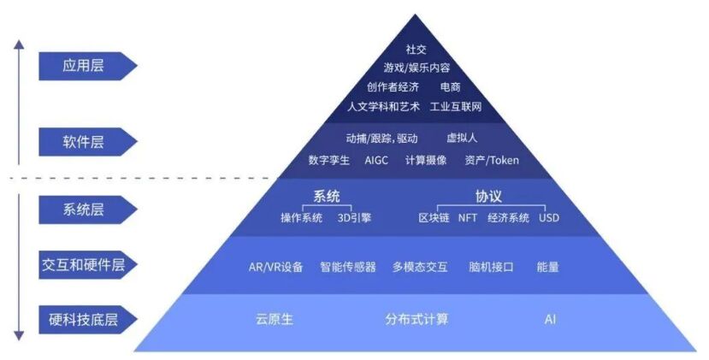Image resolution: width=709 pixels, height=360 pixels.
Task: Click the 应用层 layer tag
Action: pos(84,66)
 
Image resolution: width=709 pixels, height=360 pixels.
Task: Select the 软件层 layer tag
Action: pos(84,141)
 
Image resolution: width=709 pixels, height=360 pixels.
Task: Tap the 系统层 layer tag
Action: pos(84,208)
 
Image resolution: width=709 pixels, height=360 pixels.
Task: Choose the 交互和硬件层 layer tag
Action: pos(84,264)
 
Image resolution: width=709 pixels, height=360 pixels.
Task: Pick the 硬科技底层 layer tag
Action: pos(84,321)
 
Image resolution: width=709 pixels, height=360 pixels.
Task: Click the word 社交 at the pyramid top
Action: pos(416,50)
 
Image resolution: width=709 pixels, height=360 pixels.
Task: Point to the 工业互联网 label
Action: pos(456,107)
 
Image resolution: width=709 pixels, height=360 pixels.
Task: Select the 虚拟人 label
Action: pos(461,139)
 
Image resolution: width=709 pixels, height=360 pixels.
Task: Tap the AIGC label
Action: pos(376,160)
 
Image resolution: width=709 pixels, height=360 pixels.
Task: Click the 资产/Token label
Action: pos(492,160)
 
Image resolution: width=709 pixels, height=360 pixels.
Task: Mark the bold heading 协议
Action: pos(487,196)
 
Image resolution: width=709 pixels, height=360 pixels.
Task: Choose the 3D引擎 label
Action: pos(354,218)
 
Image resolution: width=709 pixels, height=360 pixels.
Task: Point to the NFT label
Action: pos(468,218)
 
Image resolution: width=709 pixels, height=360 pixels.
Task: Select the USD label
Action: pos(549,218)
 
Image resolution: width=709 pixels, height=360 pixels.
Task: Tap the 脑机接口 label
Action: pos(491,267)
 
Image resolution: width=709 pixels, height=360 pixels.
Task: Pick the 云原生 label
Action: pos(274,319)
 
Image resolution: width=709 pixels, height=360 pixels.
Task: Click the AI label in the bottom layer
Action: pos(550,319)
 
